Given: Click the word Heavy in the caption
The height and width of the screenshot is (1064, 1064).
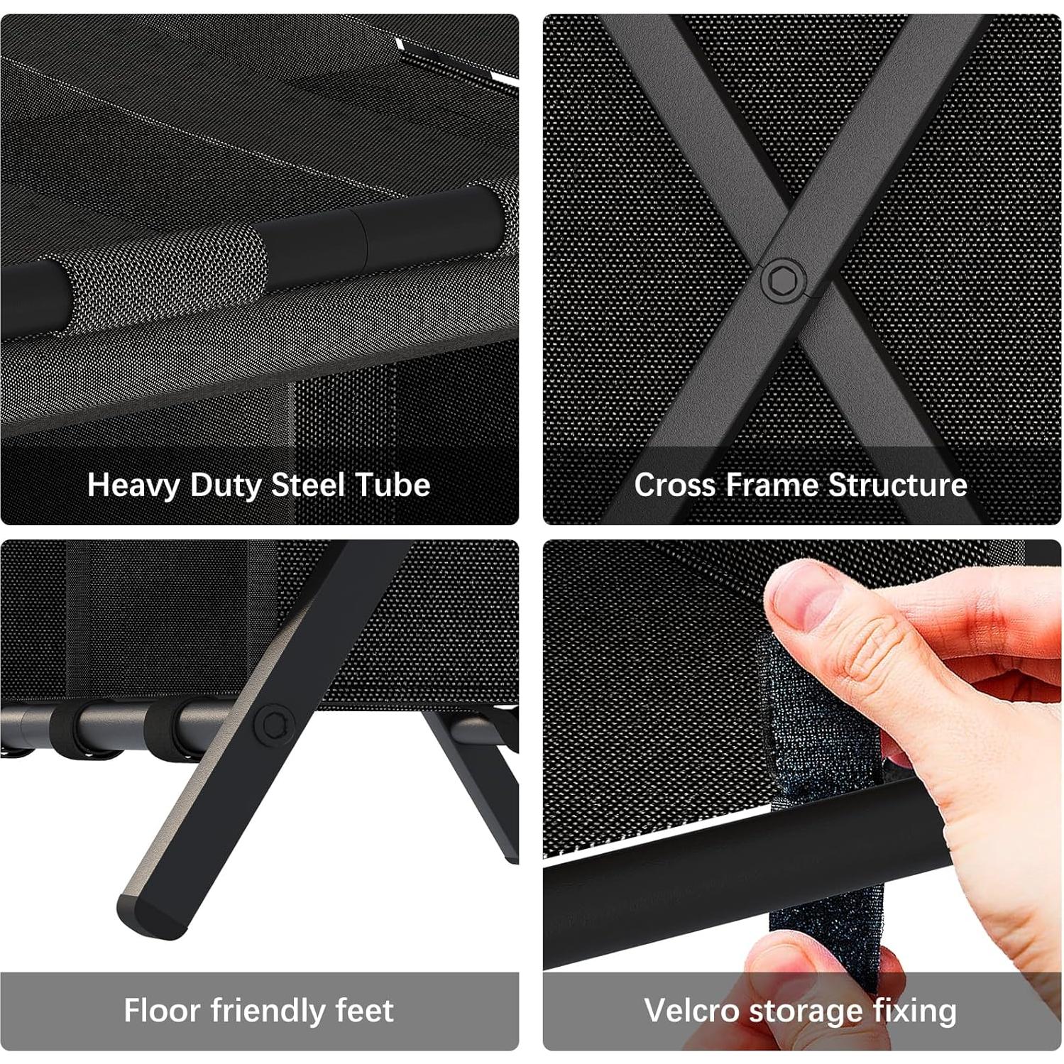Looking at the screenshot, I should coord(133,486).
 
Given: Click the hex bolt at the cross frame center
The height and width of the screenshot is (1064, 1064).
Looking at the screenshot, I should coord(784,280).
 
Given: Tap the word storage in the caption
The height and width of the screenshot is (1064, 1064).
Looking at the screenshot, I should coord(814,1011).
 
